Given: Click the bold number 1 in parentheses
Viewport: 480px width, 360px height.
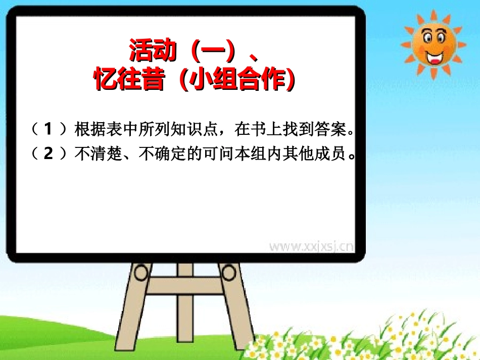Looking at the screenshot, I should point(48,130).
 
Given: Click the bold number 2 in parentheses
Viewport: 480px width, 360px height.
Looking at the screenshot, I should point(48,153).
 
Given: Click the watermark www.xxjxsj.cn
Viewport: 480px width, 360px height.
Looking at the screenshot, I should point(311,246).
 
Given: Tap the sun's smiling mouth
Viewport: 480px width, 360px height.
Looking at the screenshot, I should point(434,56).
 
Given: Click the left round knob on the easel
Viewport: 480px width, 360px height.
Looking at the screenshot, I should point(139,273).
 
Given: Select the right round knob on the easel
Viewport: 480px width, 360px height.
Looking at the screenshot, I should point(229,273).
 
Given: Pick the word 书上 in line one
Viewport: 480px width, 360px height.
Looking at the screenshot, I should point(273,130).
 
